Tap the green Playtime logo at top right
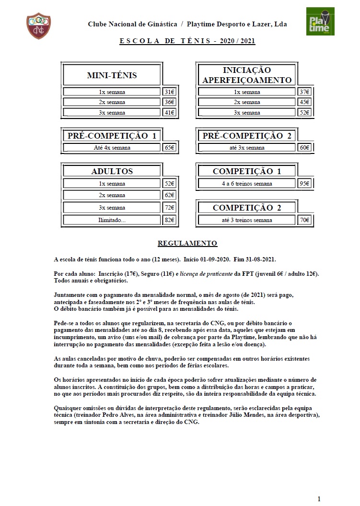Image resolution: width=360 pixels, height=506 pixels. [320, 22]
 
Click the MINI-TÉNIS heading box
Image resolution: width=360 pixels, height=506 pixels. [112, 75]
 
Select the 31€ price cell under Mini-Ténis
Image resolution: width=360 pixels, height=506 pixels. [169, 92]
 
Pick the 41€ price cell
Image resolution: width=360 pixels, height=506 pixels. [169, 113]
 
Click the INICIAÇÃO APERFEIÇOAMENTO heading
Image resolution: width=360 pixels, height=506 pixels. [247, 75]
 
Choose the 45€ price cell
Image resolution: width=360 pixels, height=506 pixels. [304, 102]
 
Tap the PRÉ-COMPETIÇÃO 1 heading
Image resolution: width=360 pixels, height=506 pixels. [112, 136]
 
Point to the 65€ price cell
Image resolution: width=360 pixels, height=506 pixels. [169, 148]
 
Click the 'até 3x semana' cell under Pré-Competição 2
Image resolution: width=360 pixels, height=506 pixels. [247, 148]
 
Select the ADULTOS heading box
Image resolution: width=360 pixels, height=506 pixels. [112, 171]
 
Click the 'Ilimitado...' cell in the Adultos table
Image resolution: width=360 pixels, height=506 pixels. [112, 220]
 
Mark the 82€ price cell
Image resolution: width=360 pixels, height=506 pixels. [169, 220]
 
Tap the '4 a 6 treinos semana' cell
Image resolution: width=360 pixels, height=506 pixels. [247, 184]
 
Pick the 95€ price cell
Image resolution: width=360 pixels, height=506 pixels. [304, 184]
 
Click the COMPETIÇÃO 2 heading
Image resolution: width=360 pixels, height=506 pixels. [247, 208]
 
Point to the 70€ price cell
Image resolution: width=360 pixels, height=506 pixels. [304, 220]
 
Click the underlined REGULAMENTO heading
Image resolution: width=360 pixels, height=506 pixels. [187, 244]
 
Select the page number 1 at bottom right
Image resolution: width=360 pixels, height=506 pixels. [319, 498]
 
